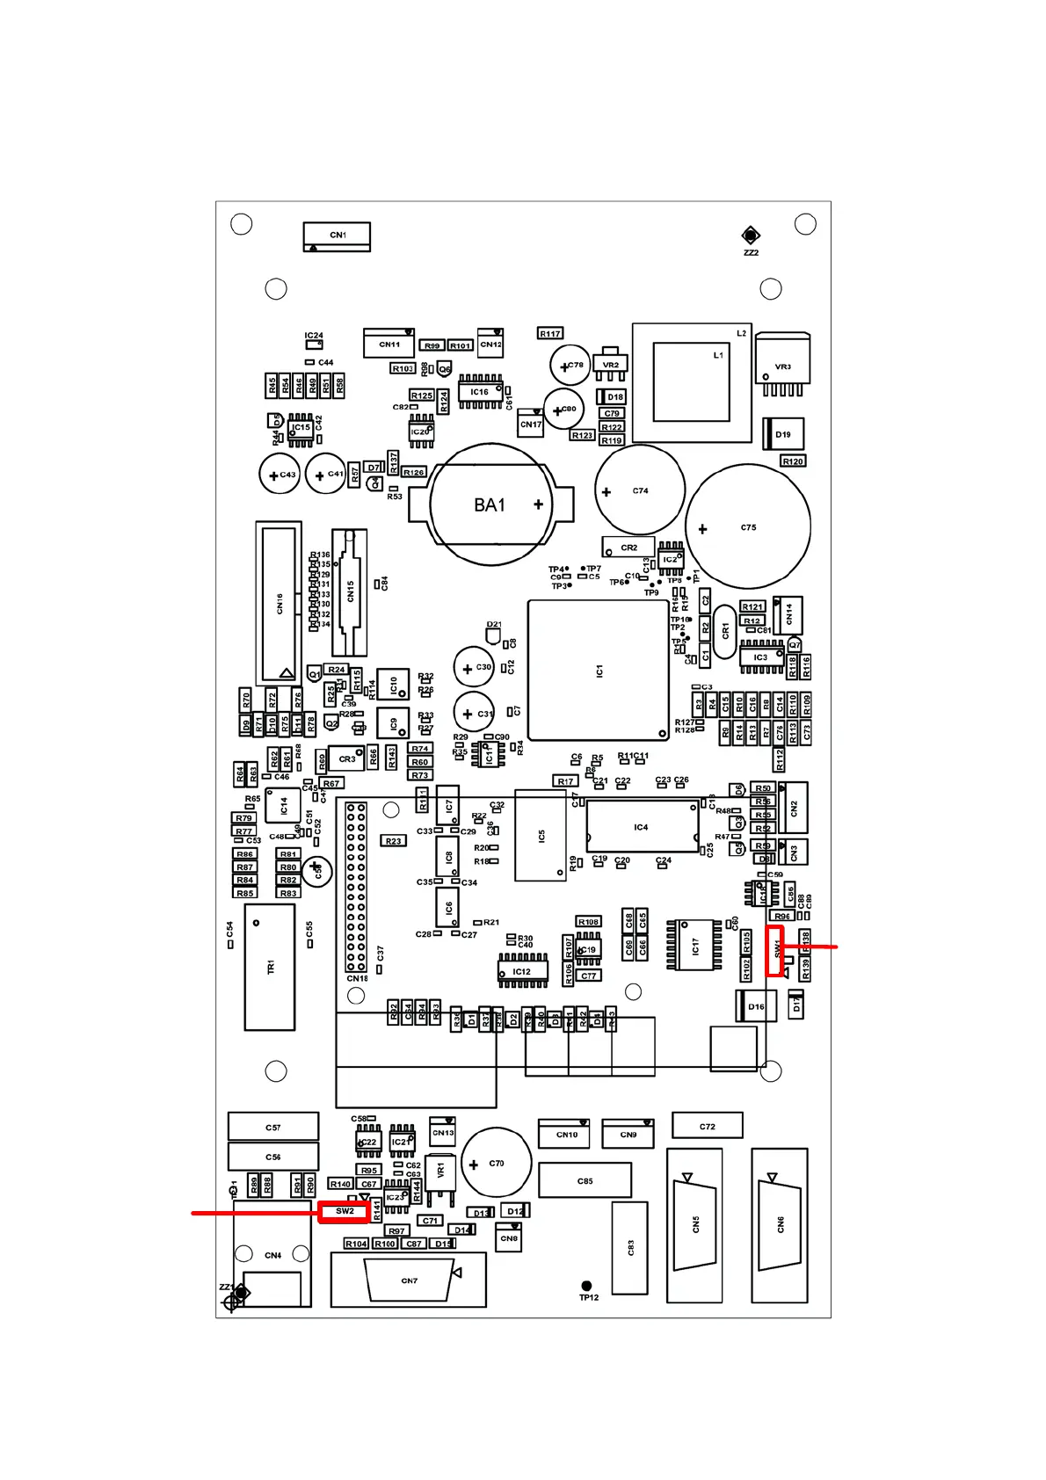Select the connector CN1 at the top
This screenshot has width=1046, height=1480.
point(337,236)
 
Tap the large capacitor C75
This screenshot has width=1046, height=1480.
point(748,527)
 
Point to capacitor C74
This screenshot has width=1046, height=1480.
point(640,490)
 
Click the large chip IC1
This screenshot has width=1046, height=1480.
point(599,671)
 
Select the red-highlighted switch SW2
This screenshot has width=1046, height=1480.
point(344,1211)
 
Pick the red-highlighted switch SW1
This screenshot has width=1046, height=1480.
point(774,950)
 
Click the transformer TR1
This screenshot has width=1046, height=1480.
point(270,967)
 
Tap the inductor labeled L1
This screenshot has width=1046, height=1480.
point(692,382)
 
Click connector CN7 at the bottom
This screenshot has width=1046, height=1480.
point(409,1280)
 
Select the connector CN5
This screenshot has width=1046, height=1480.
point(694,1224)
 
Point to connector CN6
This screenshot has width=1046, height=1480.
point(780,1224)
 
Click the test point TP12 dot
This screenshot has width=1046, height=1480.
point(587,1286)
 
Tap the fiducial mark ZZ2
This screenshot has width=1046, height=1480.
point(750,235)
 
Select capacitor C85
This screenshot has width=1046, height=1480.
point(585,1180)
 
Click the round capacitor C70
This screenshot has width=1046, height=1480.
point(496,1163)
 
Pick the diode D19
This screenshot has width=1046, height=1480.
point(782,434)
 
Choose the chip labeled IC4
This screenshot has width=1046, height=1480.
point(642,827)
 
